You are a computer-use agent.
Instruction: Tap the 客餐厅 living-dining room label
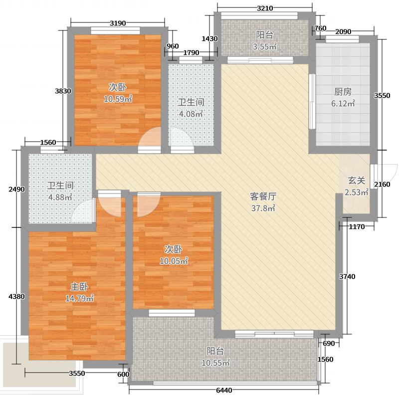pos(263,196)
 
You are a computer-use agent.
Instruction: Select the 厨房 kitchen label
pos(343,92)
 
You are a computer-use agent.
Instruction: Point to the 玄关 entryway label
pos(357,181)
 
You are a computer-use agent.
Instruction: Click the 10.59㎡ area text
pos(118,99)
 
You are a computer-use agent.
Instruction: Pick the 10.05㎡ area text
pos(174,261)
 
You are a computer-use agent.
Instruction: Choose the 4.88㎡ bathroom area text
pos(60,197)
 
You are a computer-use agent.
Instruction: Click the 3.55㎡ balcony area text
pos(264,47)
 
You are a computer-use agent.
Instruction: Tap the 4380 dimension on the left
pos(16,296)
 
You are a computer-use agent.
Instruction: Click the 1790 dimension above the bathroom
pos(191,53)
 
